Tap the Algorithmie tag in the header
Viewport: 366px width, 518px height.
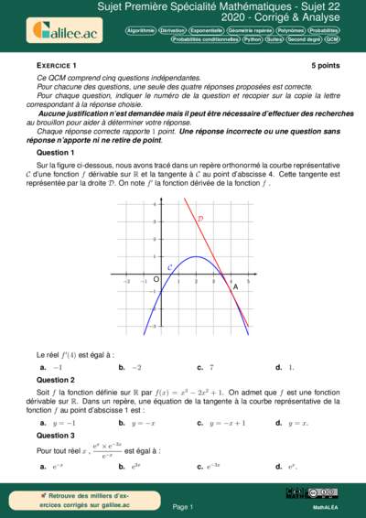pos(140,30)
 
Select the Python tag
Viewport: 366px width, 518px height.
pos(252,40)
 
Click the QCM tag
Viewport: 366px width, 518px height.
pos(331,40)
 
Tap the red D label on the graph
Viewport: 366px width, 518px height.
pos(200,219)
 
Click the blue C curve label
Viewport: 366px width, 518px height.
pos(169,266)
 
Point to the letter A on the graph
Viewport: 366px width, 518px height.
pos(235,286)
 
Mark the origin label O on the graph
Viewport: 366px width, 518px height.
pos(156,278)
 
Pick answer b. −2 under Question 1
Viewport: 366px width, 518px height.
pos(130,367)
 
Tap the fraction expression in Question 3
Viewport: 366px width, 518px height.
pos(105,450)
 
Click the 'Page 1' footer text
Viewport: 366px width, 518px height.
pos(183,506)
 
